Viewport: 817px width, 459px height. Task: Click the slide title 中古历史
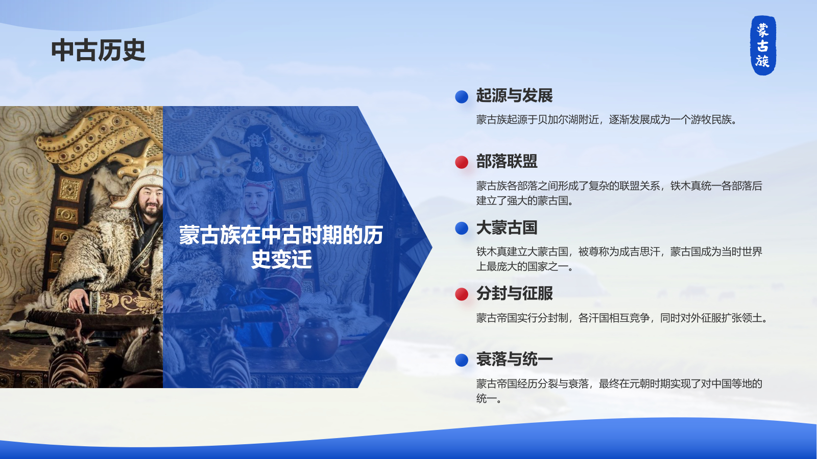click(99, 50)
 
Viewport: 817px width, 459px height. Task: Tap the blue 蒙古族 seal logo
click(763, 45)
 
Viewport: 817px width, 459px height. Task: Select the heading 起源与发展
click(514, 95)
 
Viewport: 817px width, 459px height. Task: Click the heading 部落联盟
click(507, 161)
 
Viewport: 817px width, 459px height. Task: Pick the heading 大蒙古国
click(507, 227)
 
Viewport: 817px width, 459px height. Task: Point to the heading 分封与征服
click(514, 293)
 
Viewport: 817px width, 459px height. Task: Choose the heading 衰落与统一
click(514, 359)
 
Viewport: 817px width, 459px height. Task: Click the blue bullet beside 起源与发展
click(462, 96)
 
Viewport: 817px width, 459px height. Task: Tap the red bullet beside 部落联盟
click(462, 162)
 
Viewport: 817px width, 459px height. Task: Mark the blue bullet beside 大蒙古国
click(462, 228)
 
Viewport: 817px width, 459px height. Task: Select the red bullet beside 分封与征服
click(462, 294)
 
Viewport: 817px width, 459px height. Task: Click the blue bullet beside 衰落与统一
click(462, 360)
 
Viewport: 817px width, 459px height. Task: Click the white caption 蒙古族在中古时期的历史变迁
click(281, 247)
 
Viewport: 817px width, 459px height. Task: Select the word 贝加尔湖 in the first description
click(559, 119)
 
